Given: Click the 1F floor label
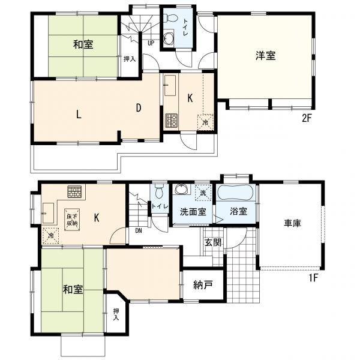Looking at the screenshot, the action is click(313, 278).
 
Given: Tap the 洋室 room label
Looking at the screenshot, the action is click(266, 56).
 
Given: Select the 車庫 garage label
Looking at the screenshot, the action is click(292, 223).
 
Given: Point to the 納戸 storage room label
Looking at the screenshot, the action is click(203, 285).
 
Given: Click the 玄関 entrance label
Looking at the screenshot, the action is click(213, 242).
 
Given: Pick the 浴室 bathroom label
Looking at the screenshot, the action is click(239, 211).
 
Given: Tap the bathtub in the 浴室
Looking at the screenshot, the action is click(235, 193).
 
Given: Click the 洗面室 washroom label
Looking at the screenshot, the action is click(193, 211).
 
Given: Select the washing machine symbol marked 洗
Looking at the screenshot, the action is click(203, 193).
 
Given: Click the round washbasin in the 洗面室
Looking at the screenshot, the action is click(182, 189).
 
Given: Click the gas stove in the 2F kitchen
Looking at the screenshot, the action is click(171, 121).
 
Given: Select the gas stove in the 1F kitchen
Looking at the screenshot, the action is click(74, 192).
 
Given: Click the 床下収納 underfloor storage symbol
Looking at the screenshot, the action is click(73, 220).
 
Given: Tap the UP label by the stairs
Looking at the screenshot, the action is click(151, 43).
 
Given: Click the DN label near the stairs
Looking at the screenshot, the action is click(139, 231).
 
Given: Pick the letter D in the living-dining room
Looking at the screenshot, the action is click(138, 107).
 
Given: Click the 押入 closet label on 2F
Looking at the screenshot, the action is click(130, 59).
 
